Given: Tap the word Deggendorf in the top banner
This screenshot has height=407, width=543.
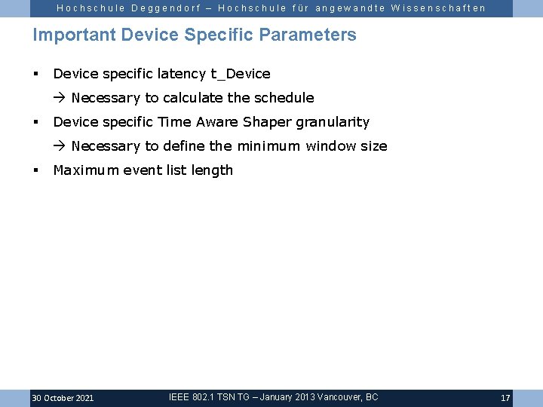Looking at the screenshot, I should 163,8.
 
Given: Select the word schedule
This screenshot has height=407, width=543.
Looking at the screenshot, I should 284,98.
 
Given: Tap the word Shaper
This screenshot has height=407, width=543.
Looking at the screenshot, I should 267,122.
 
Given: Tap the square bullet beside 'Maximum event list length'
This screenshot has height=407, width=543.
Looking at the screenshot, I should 35,170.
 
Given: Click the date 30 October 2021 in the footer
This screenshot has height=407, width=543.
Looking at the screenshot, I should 63,398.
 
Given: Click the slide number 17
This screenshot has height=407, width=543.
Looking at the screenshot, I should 505,398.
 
